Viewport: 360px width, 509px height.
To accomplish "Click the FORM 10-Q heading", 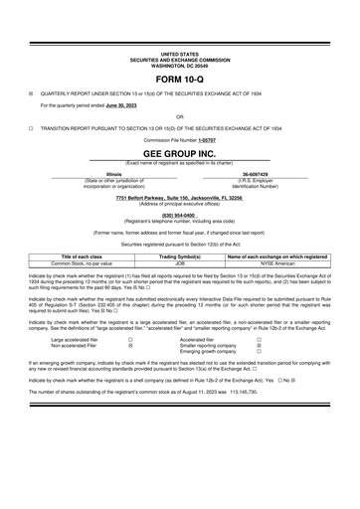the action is click(x=179, y=78).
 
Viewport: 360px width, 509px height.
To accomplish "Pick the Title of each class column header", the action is click(x=89, y=256).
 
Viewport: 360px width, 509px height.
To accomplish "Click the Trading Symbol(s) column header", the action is click(x=179, y=256).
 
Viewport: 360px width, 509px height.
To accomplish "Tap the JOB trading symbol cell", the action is click(x=179, y=263).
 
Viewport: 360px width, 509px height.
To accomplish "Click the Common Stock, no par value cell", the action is click(x=89, y=263).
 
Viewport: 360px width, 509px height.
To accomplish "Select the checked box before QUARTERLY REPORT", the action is click(x=31, y=91).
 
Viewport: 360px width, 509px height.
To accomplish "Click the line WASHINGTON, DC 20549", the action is click(x=179, y=63).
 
